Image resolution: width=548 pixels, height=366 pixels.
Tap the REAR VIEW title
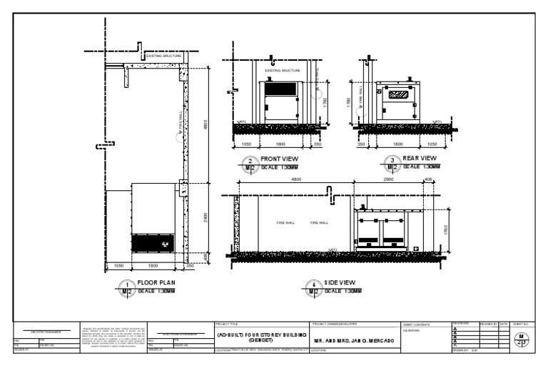[420, 158]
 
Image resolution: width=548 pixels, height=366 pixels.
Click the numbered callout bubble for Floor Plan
[126, 287]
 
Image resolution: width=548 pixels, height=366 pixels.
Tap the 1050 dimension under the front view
[246, 144]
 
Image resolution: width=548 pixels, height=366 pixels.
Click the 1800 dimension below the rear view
[400, 144]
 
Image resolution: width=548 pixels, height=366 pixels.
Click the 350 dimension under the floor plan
[190, 265]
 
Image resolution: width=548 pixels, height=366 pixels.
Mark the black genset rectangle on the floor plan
[152, 243]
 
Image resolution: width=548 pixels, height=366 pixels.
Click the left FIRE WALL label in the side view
[286, 223]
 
